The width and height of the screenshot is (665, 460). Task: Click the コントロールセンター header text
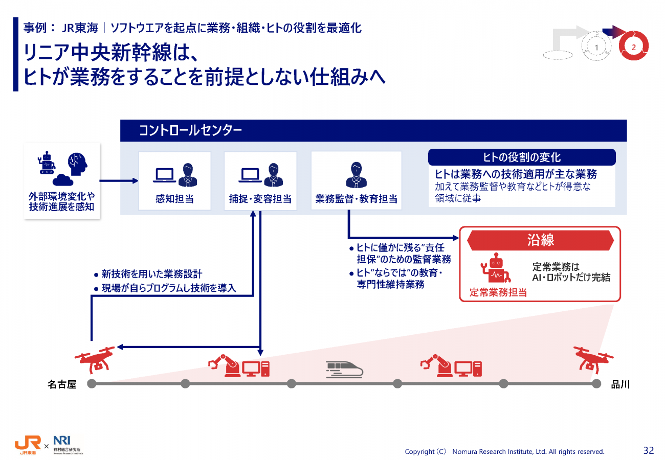coord(190,130)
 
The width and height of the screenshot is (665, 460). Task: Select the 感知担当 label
coord(174,198)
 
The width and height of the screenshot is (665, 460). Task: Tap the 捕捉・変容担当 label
coord(260,198)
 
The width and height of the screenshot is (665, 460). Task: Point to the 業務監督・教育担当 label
coord(356,198)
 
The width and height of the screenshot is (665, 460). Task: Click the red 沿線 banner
coord(540,240)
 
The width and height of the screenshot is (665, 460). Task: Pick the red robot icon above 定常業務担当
coord(496,267)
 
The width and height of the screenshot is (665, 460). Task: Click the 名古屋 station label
coord(62,384)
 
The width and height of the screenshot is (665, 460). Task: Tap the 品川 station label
coord(620,384)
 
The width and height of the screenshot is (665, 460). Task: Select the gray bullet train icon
coord(344,370)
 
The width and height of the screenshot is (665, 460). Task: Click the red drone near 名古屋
coord(95,360)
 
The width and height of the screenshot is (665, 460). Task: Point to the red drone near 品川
coord(593,360)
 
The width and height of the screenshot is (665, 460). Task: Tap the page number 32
coord(649,450)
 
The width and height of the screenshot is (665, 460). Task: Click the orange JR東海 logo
coord(28,445)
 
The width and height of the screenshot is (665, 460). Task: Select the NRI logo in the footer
coord(68,445)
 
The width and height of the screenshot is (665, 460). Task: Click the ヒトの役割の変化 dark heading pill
coord(522,157)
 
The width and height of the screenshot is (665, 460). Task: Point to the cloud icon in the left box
coord(63,180)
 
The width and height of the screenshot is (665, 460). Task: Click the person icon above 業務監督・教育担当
coord(356,175)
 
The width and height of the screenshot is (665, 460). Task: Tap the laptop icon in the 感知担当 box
coord(165,175)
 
